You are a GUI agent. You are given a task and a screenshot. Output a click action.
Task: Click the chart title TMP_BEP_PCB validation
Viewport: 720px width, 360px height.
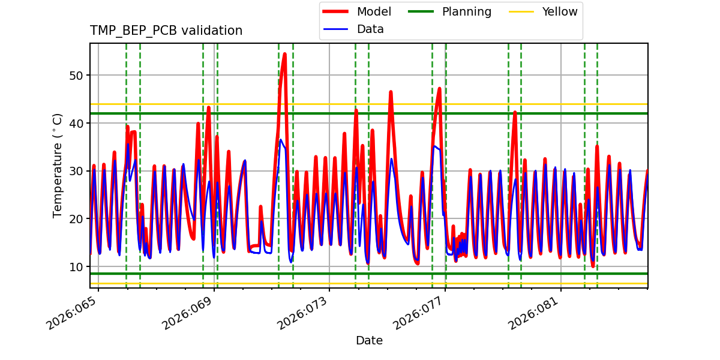point(166,31)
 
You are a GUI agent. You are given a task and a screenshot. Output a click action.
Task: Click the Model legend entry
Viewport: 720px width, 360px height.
point(374,12)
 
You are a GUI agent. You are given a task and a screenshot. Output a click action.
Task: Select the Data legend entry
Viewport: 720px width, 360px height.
point(370,29)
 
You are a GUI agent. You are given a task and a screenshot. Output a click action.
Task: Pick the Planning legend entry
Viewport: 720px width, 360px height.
point(466,12)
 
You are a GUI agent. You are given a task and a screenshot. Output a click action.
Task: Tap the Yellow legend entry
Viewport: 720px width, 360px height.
point(559,12)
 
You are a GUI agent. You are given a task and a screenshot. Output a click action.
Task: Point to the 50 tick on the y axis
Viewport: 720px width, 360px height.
point(76,76)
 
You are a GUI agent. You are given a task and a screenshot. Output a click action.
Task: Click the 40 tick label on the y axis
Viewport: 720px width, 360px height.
point(76,123)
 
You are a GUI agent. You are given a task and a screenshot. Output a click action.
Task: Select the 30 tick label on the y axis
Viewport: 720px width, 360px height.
point(76,171)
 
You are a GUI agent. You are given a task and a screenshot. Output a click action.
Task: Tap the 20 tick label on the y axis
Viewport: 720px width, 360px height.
point(76,219)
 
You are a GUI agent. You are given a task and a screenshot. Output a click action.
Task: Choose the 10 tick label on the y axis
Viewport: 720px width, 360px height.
point(76,267)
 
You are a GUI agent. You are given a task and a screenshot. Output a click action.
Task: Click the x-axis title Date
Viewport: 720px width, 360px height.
point(369,341)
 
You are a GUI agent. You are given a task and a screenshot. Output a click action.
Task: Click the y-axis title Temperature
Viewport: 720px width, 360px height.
point(58,165)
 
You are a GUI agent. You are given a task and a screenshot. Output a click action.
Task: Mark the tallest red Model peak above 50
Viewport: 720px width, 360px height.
point(284,54)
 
